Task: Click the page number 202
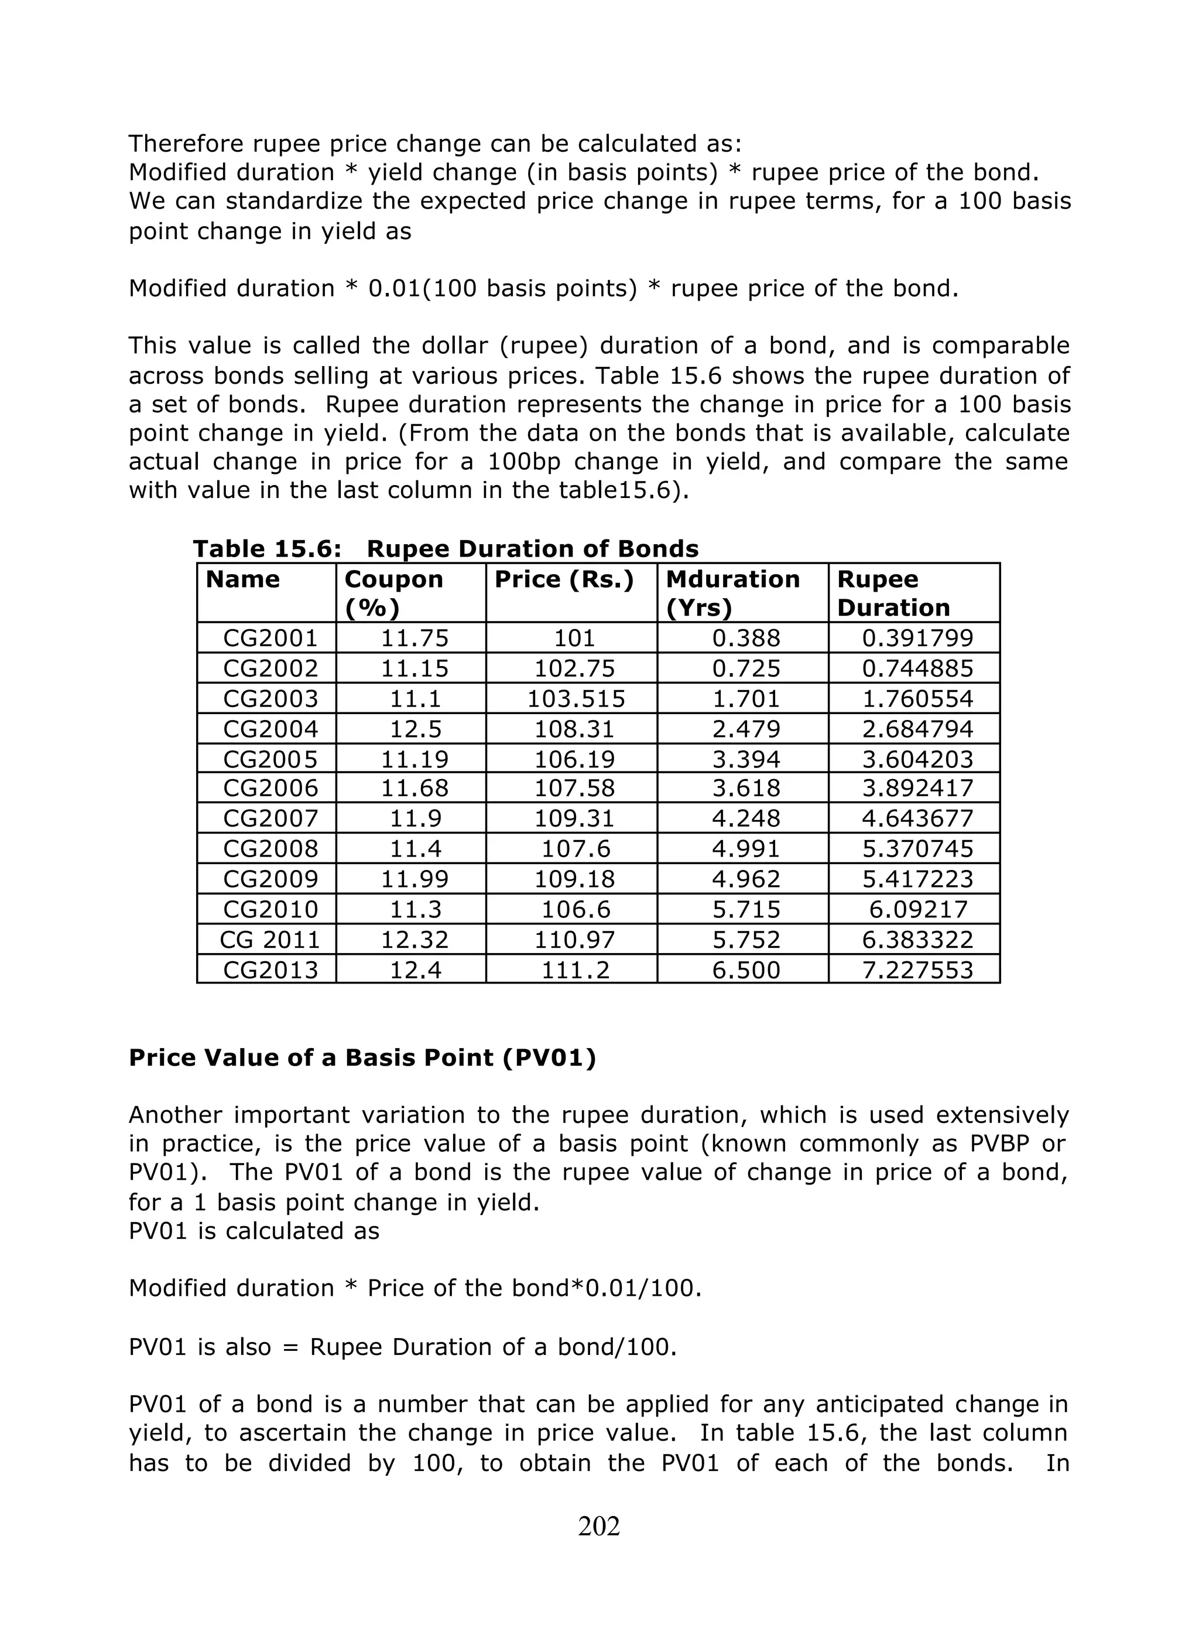click(599, 1527)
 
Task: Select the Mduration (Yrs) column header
click(732, 592)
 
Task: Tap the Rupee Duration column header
click(893, 592)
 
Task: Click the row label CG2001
click(270, 639)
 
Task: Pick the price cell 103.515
click(575, 698)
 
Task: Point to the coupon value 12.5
click(415, 729)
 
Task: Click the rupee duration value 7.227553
click(917, 970)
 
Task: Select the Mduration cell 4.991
click(746, 849)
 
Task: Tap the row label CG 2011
click(270, 940)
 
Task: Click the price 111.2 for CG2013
click(575, 970)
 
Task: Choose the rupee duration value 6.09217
click(917, 910)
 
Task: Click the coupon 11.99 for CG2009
click(415, 879)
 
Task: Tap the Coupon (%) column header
click(393, 592)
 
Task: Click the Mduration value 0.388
click(746, 639)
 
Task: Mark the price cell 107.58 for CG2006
click(575, 789)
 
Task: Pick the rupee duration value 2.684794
click(917, 729)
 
